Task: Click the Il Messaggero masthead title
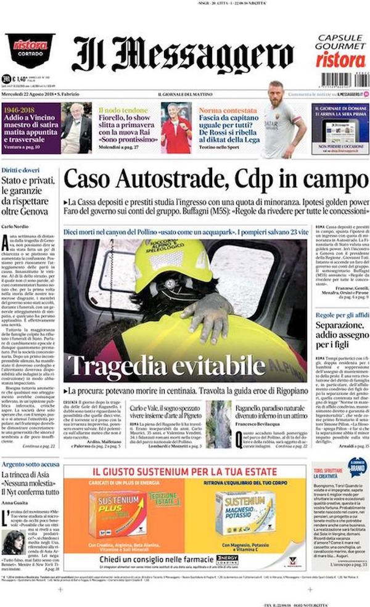click(x=182, y=55)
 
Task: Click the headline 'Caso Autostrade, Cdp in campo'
click(x=215, y=180)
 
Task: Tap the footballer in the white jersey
click(x=282, y=126)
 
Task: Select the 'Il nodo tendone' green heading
click(x=119, y=110)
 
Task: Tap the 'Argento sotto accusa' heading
click(x=30, y=463)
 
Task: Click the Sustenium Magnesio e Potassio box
click(x=244, y=513)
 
